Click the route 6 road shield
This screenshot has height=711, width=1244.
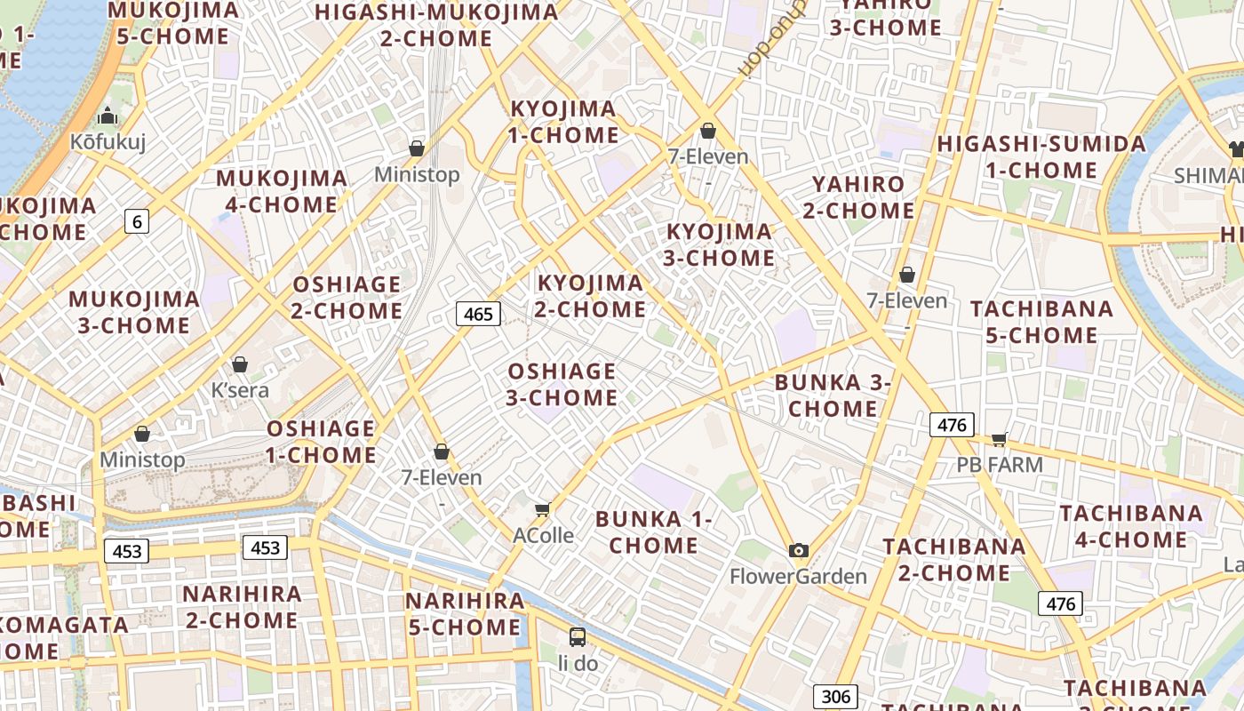(x=136, y=221)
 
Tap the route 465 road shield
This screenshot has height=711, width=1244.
(x=478, y=314)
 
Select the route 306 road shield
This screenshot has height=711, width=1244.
(x=835, y=697)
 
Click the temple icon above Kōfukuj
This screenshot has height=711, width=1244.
(x=108, y=116)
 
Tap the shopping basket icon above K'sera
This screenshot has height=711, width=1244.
(x=239, y=364)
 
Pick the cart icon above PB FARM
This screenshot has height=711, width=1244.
(x=1000, y=438)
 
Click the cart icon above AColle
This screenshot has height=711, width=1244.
(x=542, y=509)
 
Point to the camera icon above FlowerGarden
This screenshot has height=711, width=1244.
(x=798, y=550)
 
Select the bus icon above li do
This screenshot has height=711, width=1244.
(x=577, y=636)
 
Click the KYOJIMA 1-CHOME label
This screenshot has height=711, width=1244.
(x=563, y=122)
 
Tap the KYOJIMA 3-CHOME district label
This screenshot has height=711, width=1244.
(x=720, y=244)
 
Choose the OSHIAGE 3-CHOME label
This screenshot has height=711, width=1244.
(x=562, y=384)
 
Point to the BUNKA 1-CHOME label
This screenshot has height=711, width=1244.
(x=654, y=531)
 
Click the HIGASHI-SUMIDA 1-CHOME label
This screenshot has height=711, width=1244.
(x=1041, y=156)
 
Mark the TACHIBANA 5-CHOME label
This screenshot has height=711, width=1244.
(x=1041, y=322)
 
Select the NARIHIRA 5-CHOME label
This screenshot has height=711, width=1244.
(x=465, y=613)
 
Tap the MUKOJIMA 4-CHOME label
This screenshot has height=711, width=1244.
(x=282, y=191)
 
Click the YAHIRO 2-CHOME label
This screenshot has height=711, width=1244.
(x=858, y=197)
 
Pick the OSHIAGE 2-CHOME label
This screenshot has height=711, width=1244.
(x=347, y=298)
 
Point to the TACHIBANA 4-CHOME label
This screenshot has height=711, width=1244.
(x=1131, y=526)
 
